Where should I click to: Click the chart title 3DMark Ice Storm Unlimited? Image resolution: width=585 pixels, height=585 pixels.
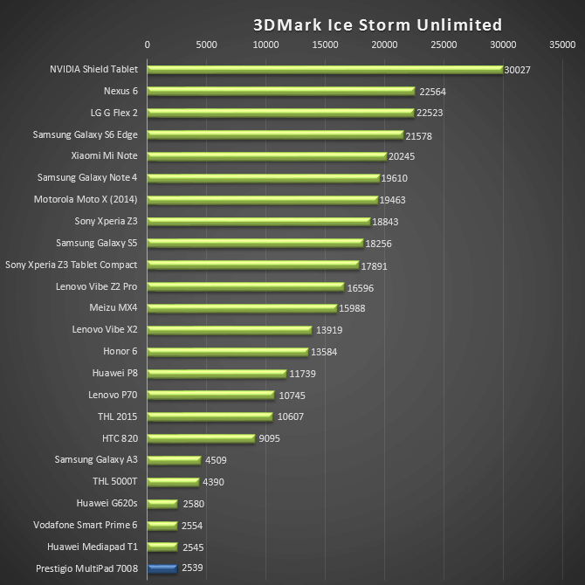(378, 24)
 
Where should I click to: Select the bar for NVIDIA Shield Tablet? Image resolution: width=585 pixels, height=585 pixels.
(325, 69)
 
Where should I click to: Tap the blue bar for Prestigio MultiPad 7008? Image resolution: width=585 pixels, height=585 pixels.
(162, 568)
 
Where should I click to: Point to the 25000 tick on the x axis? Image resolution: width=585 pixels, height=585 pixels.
(444, 44)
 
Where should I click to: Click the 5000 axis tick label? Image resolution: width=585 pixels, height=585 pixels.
(206, 44)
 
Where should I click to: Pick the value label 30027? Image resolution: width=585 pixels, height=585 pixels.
(518, 70)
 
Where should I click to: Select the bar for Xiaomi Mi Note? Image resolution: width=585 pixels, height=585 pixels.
(266, 156)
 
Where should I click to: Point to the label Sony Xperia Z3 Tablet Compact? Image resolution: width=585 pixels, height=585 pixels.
(72, 265)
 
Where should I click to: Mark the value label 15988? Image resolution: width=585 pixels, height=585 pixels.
(354, 308)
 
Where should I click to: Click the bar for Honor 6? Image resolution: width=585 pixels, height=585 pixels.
(227, 351)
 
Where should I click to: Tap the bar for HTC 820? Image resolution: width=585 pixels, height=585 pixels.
(201, 438)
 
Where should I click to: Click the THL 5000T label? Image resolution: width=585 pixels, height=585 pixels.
(115, 481)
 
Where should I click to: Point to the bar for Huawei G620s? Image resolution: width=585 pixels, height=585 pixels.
(162, 503)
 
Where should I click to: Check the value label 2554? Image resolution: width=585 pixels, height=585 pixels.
(193, 526)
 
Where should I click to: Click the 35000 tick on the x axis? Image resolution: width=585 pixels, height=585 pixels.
(562, 44)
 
